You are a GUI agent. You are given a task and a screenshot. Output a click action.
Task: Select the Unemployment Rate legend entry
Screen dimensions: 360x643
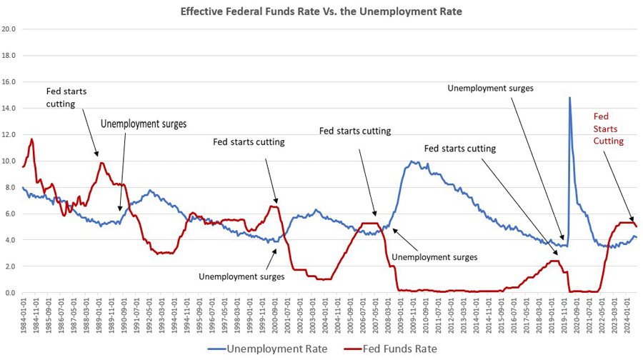(x=276, y=349)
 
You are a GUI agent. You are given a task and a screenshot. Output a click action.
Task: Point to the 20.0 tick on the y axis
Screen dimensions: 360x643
(x=9, y=29)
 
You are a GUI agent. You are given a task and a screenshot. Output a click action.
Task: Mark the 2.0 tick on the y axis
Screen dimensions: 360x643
(x=9, y=266)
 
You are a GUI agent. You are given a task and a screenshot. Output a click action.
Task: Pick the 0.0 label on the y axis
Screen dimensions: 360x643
(x=9, y=293)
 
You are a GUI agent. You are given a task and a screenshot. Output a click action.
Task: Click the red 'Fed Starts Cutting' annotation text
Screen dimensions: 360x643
(x=609, y=129)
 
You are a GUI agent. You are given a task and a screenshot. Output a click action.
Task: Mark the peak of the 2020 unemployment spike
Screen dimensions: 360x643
(x=569, y=98)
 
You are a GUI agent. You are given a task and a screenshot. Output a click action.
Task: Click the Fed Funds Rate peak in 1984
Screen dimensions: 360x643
(x=31, y=139)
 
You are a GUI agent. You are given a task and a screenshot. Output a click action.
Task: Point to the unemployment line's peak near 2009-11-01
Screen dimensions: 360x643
(x=412, y=161)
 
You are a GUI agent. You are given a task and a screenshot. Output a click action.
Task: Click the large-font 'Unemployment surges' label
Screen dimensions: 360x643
(x=143, y=124)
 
